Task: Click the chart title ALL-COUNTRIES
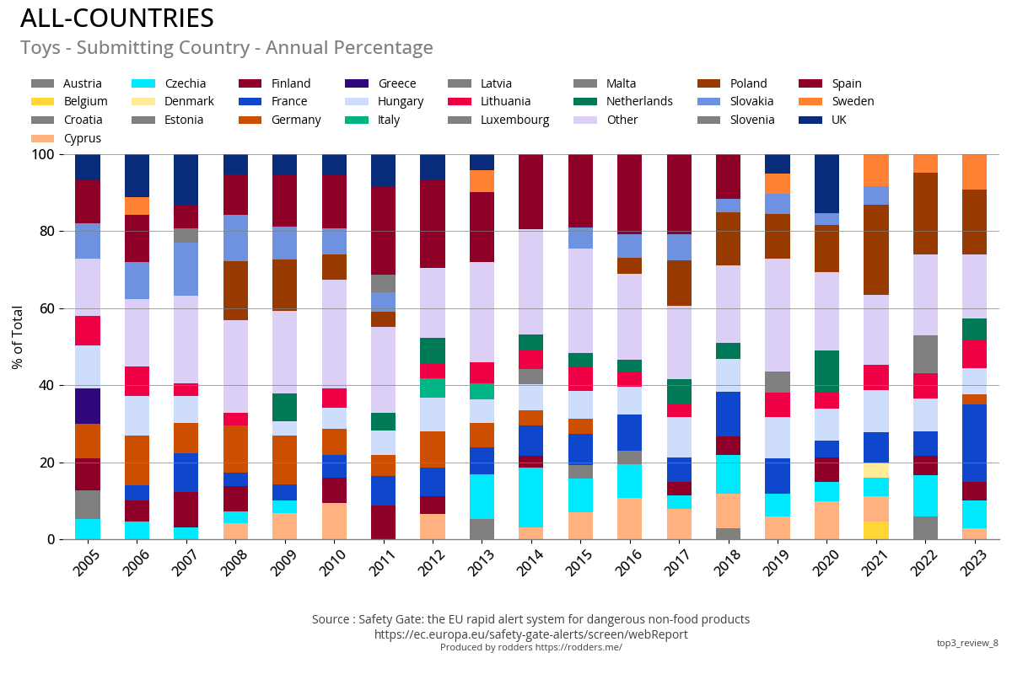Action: pyautogui.click(x=117, y=19)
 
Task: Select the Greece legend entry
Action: pyautogui.click(x=396, y=83)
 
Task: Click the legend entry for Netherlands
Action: pyautogui.click(x=639, y=101)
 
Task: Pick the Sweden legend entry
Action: pyautogui.click(x=853, y=101)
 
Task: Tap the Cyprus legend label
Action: pyautogui.click(x=83, y=138)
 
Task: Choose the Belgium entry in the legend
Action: pyautogui.click(x=85, y=101)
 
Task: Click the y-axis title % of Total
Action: pyautogui.click(x=18, y=337)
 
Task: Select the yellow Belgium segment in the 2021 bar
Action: pyautogui.click(x=875, y=531)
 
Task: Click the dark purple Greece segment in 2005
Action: pyautogui.click(x=88, y=406)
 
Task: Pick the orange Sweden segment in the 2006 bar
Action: pyautogui.click(x=137, y=206)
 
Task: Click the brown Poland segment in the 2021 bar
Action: pyautogui.click(x=875, y=249)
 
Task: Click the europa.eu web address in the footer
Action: pyautogui.click(x=530, y=634)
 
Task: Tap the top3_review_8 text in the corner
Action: pyautogui.click(x=966, y=643)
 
